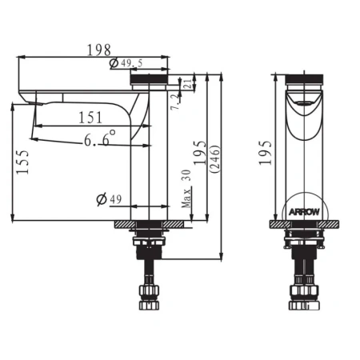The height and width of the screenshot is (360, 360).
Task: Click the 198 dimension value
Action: [x=99, y=50]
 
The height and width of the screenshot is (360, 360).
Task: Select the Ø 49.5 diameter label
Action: [x=126, y=63]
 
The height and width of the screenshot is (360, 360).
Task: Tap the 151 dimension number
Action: [x=90, y=118]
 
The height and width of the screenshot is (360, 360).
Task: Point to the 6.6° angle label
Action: [x=100, y=138]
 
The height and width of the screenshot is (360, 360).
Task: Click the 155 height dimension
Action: [x=22, y=162]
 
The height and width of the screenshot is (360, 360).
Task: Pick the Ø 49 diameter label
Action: [x=109, y=199]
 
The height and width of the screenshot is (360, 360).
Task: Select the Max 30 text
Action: [x=186, y=189]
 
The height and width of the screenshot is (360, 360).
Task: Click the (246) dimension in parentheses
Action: [x=215, y=159]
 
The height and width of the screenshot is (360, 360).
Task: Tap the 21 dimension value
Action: [x=187, y=83]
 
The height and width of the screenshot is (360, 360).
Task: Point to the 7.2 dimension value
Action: [x=175, y=102]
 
